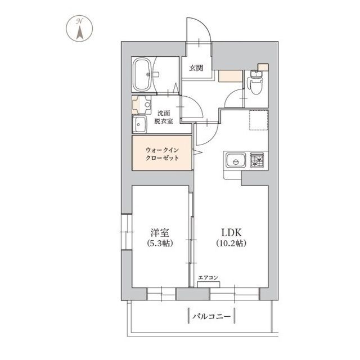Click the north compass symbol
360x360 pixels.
coord(79,29)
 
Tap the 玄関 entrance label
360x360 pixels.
coord(196,67)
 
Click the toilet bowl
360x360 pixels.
coord(255,85)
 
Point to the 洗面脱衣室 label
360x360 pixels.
coord(164,117)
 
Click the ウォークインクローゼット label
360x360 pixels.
coord(162,154)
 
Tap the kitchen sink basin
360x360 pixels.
coord(236,160)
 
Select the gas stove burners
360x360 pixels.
coord(257,160)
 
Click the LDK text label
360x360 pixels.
coord(231,233)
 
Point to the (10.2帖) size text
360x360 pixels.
coord(231,243)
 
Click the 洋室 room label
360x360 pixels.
coord(160,233)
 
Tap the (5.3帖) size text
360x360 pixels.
coord(160,243)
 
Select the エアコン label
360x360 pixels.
coord(208,278)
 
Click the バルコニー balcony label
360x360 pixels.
coord(211,317)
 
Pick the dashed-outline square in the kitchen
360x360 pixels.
coord(259,120)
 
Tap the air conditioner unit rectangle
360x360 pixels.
coord(209,285)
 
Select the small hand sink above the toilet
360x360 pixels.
coord(254,74)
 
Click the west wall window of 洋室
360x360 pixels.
coord(126,232)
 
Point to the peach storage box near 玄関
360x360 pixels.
coord(230,76)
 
